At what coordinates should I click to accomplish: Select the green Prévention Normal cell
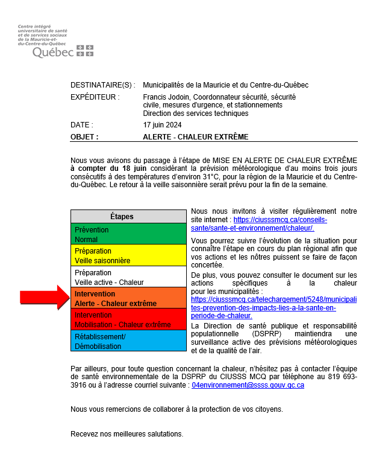pos(128,234)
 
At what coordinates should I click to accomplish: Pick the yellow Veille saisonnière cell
pos(128,255)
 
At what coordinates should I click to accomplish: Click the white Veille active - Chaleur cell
pos(128,277)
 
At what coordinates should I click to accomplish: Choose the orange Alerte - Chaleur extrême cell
pos(128,298)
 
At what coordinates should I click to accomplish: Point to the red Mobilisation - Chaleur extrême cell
pos(128,319)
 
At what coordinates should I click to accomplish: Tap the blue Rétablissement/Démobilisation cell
pos(128,341)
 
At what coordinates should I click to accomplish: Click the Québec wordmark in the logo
pos(53,53)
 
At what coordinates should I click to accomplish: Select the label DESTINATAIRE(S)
pos(103,85)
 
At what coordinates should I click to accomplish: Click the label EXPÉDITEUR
pos(95,97)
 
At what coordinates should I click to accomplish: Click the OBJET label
pos(84,137)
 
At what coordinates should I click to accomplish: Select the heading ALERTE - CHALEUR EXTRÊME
pos(195,137)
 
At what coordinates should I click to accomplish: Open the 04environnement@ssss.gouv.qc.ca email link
pos(248,385)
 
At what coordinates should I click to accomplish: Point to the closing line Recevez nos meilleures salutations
pos(127,433)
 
